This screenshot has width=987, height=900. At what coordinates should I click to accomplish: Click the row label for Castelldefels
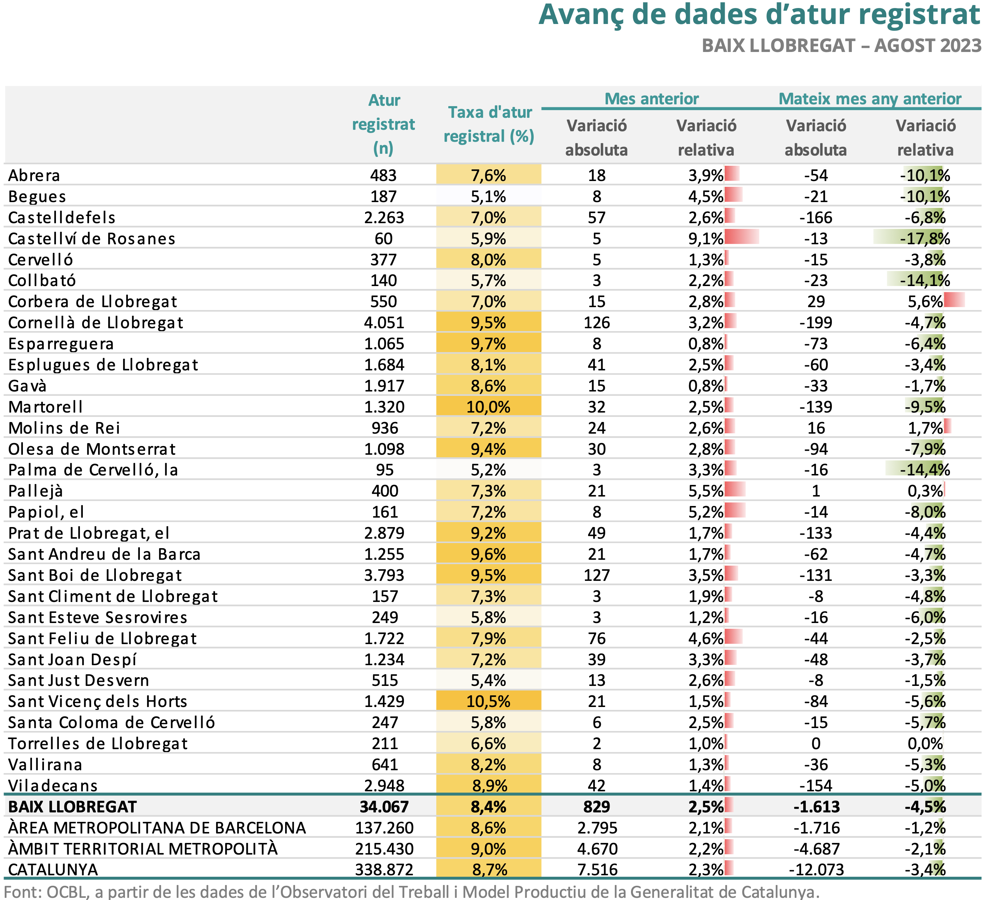62,217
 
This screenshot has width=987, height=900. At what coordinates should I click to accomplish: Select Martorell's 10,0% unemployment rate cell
488,407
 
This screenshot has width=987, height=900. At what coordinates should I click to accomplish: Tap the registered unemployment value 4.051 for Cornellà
384,322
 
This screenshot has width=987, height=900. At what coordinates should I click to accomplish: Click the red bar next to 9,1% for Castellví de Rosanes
742,237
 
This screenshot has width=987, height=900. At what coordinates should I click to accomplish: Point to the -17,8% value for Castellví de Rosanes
925,238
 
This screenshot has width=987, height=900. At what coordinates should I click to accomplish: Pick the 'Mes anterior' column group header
652,99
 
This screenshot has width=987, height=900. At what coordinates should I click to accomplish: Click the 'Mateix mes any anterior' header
870,99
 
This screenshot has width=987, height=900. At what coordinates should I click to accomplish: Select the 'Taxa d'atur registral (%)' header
489,124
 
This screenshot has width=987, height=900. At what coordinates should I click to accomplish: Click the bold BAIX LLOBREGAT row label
72,807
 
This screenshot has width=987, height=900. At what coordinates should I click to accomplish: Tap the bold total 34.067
384,807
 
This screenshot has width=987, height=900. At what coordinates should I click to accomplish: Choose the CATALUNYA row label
53,869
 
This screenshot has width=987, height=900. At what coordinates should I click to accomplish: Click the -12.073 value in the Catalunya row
816,869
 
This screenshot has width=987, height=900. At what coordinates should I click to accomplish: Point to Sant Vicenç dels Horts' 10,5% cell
488,701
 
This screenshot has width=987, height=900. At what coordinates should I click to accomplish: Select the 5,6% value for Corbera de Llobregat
925,301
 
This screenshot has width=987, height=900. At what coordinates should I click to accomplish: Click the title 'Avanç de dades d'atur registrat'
760,15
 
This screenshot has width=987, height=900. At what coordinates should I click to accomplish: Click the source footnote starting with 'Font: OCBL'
412,891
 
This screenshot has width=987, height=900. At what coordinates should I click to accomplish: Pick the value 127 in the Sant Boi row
596,575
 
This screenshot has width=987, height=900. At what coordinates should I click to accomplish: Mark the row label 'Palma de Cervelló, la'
93,470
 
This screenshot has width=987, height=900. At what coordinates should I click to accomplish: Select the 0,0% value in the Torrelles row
925,743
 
